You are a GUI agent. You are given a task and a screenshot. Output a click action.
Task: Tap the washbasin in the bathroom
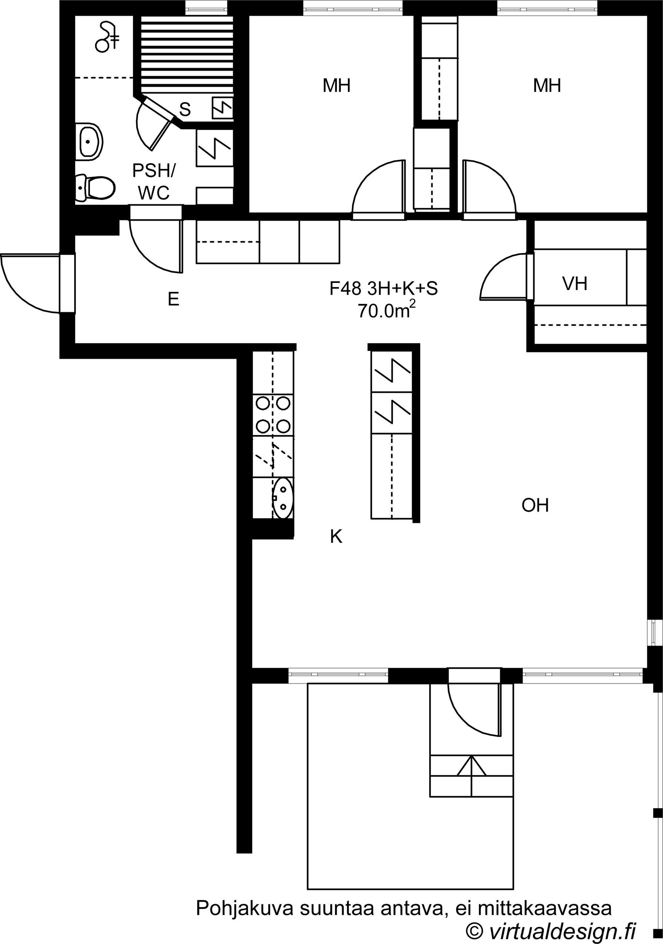coord(89,141)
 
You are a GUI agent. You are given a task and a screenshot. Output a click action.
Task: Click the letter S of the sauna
coord(185,109)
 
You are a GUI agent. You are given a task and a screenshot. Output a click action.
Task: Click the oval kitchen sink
coord(283,498)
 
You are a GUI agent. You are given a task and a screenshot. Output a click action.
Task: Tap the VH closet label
coord(574,284)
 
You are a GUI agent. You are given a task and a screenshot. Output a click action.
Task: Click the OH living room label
coord(535,505)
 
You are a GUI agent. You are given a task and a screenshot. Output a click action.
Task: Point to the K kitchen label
coord(336,536)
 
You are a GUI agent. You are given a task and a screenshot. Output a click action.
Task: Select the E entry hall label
coord(173,299)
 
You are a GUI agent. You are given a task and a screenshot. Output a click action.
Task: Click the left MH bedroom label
coord(336,86)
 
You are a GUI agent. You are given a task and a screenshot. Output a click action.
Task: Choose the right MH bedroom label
coord(547,86)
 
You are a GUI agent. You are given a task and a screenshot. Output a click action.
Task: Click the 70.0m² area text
coord(386,310)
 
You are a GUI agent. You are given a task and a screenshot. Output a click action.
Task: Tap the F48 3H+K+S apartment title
coord(383,289)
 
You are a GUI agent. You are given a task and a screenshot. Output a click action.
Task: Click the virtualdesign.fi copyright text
coord(551,930)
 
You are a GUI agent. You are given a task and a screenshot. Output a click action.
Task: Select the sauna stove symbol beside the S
coord(222,108)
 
